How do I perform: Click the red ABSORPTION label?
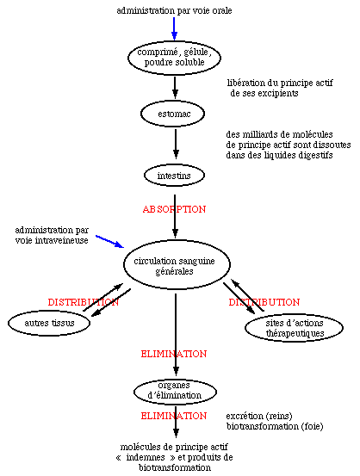(x=174, y=209)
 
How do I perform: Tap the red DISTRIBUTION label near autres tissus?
(x=84, y=302)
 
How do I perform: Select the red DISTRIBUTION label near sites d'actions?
(x=264, y=302)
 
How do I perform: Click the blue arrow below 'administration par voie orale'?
(x=174, y=28)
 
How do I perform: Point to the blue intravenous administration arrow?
(x=110, y=241)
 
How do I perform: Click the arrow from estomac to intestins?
(x=176, y=144)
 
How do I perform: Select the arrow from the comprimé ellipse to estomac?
(x=175, y=88)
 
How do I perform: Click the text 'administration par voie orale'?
(x=174, y=10)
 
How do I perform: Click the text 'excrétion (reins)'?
(x=259, y=417)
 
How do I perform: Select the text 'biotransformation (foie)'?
(x=275, y=427)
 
